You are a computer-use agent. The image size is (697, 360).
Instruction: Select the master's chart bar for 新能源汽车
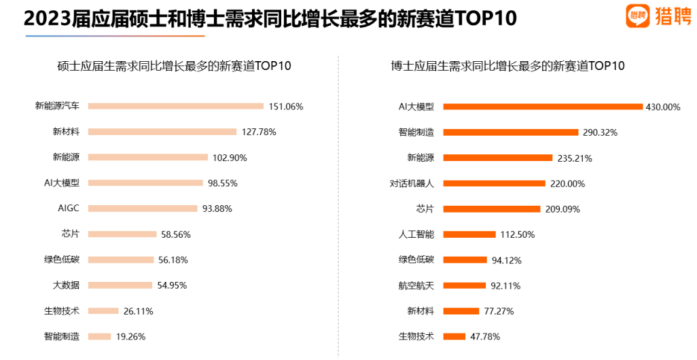pos(176,106)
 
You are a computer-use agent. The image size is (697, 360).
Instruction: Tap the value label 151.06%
pos(286,107)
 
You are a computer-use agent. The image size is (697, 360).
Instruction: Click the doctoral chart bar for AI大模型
pos(542,107)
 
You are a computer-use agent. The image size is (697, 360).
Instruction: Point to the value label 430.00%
pos(662,107)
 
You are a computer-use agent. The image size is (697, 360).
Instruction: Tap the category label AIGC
pos(69,209)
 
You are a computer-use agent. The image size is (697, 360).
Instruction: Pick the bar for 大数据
pos(120,285)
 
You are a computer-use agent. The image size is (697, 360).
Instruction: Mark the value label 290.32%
pos(600,132)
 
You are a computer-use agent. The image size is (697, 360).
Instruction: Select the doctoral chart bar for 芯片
pos(491,209)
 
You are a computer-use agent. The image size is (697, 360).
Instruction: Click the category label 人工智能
pos(416,234)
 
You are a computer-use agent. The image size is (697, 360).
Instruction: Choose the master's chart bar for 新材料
pos(162,132)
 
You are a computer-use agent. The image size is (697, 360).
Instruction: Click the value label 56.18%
pos(173,259)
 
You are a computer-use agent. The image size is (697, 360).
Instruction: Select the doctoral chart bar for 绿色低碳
pos(465,260)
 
